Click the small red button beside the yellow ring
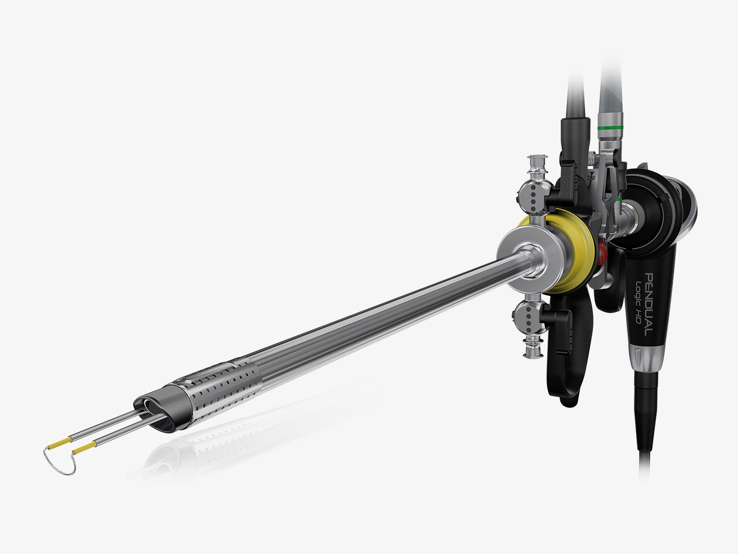click(602, 251)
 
